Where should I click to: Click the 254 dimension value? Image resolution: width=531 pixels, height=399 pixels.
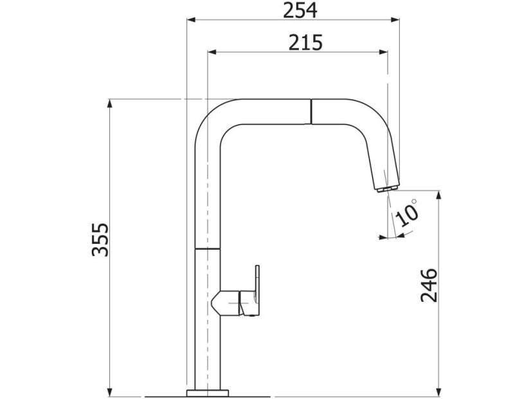tap(300, 10)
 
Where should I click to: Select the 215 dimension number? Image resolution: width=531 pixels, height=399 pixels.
tap(305, 42)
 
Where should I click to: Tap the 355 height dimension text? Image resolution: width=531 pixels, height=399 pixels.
tap(101, 239)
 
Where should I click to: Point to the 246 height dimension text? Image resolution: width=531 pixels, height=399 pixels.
tap(429, 285)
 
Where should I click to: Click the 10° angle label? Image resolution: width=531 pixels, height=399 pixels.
tap(407, 213)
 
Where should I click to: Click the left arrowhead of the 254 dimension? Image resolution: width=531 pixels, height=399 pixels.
tap(192, 20)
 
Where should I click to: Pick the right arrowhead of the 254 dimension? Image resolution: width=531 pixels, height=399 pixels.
tap(395, 20)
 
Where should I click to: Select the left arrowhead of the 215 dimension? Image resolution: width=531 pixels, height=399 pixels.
tap(212, 52)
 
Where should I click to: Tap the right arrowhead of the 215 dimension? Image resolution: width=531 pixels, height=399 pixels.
tap(383, 52)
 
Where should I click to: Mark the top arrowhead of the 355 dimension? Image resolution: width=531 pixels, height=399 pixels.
tap(109, 104)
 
